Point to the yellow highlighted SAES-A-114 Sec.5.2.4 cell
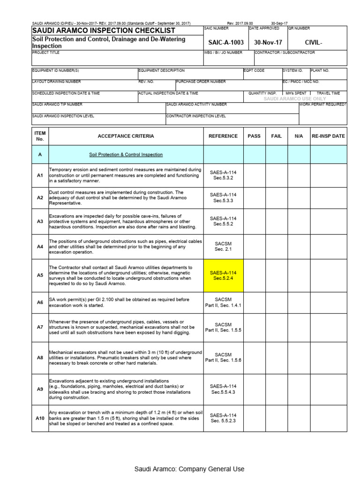(x=223, y=275)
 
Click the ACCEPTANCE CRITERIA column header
(x=125, y=136)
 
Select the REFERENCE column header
(x=223, y=136)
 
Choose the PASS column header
(x=254, y=136)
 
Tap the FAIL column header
(x=277, y=136)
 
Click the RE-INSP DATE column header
(x=329, y=136)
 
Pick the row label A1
(x=40, y=175)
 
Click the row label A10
(x=40, y=418)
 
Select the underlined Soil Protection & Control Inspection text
(x=126, y=154)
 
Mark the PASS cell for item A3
(x=254, y=221)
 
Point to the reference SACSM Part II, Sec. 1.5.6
(x=223, y=357)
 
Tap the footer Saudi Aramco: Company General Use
(x=189, y=469)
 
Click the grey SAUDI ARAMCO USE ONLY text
(x=295, y=99)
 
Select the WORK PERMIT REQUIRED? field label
(x=323, y=104)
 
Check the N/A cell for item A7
(x=299, y=327)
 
